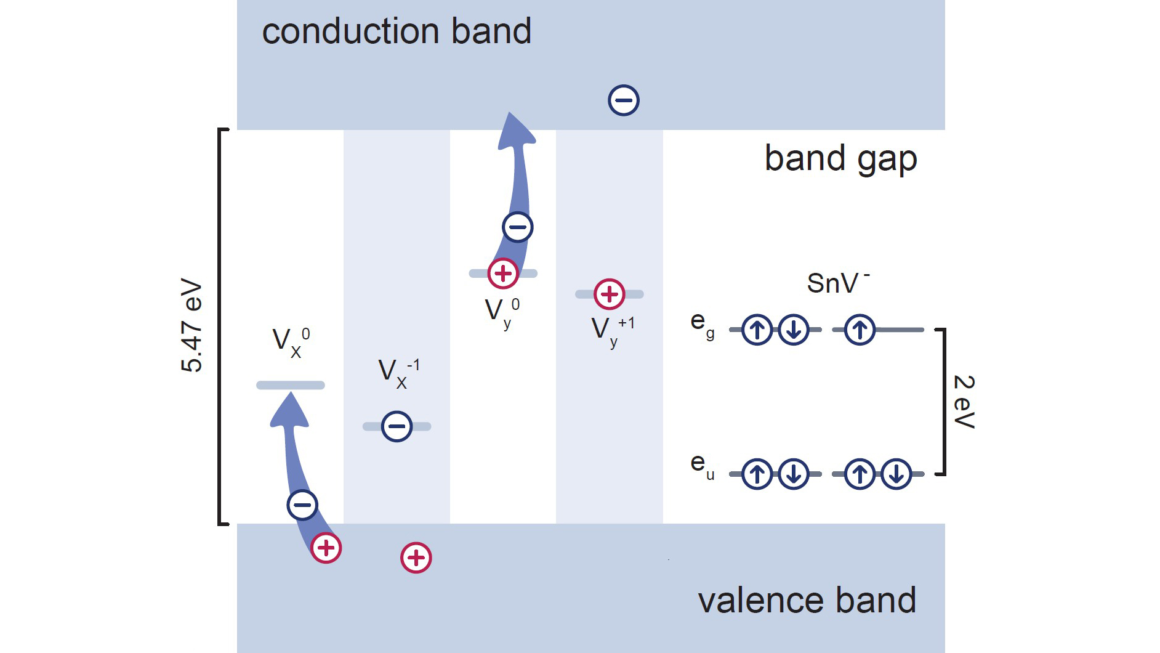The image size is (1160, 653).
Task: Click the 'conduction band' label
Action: click(396, 31)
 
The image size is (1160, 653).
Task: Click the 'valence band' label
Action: click(807, 601)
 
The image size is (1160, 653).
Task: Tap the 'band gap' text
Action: click(840, 159)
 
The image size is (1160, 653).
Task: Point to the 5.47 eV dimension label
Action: click(191, 326)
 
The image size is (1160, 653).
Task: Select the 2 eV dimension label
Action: click(964, 401)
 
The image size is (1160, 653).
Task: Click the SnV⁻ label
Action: click(837, 283)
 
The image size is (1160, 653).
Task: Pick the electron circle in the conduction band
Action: click(624, 100)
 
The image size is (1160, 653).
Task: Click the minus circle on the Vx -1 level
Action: click(397, 426)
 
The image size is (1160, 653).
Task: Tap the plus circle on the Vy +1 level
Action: click(610, 294)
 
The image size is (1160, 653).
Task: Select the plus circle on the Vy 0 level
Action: click(503, 274)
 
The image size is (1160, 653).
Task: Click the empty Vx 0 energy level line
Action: click(290, 386)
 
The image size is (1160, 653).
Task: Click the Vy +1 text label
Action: click(612, 331)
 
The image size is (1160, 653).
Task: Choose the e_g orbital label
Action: click(702, 324)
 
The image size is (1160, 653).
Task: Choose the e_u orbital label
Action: click(702, 466)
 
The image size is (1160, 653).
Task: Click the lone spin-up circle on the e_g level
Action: click(860, 330)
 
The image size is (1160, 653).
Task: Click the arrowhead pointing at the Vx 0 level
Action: click(289, 410)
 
